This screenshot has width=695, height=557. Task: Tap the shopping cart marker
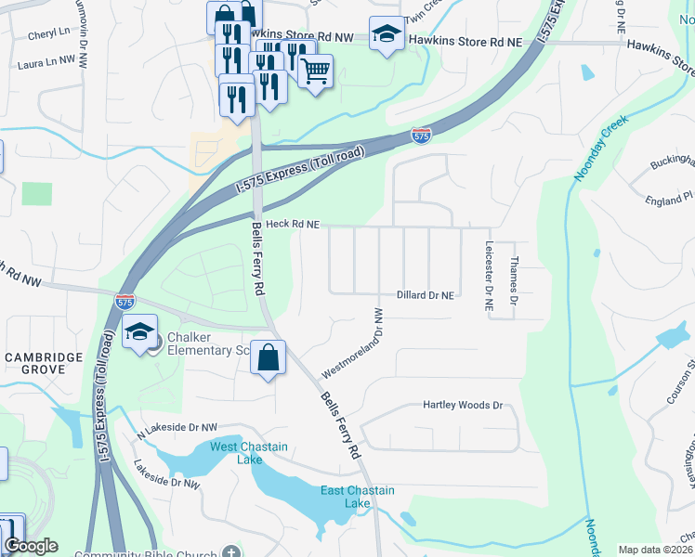pos(315,71)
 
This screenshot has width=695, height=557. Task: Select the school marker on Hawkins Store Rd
pos(387,35)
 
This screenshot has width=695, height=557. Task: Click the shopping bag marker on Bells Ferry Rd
pos(269,357)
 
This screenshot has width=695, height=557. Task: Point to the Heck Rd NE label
pos(293,225)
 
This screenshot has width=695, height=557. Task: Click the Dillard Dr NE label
pos(426,295)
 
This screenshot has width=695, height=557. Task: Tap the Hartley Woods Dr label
pos(462,406)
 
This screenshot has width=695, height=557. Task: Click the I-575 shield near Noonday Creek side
pos(421,136)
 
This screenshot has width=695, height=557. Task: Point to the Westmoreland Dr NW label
pos(353,343)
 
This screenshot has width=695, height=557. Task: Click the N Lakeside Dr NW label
pos(177,428)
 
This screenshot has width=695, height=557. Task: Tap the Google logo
pos(32,547)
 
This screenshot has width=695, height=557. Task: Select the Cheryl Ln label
pos(49,32)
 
